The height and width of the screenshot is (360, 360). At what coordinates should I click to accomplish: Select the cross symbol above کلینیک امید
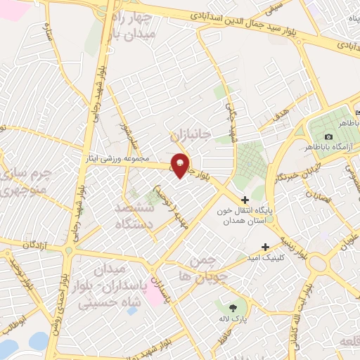pyautogui.click(x=265, y=247)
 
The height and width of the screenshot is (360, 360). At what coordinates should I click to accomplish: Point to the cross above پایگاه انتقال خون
pyautogui.click(x=245, y=200)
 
